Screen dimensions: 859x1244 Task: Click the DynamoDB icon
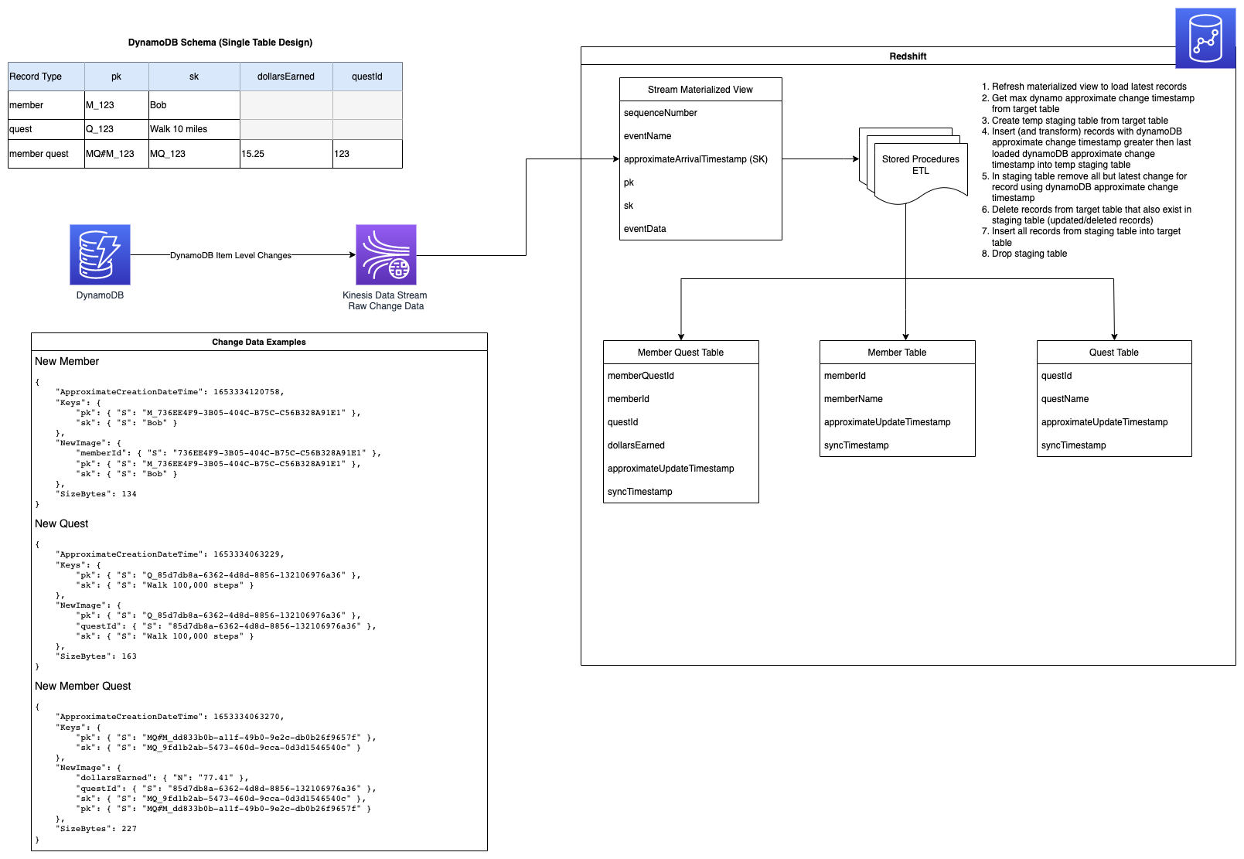coord(100,254)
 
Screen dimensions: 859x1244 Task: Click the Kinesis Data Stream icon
coord(386,254)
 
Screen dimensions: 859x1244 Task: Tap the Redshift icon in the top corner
coord(1205,39)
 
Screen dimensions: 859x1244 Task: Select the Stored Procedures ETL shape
coord(920,165)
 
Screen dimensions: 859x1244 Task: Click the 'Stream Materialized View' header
coord(700,90)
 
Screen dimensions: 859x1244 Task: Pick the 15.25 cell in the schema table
coord(286,154)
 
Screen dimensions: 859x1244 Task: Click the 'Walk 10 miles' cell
coord(193,129)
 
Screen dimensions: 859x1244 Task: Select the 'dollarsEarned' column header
coord(286,77)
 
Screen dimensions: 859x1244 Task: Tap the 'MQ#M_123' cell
coord(116,154)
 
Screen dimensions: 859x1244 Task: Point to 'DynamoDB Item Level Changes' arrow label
coord(230,255)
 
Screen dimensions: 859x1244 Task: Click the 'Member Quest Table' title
coord(680,353)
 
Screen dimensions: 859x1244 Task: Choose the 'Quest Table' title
coord(1113,353)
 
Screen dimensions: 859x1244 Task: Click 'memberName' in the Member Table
coord(854,399)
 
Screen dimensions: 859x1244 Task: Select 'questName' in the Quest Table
coord(1065,399)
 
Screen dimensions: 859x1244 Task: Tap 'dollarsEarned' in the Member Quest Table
coord(636,445)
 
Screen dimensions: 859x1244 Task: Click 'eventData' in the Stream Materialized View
coord(645,229)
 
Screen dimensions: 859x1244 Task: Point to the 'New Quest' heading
coord(62,523)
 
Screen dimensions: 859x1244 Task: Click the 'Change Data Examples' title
coord(259,342)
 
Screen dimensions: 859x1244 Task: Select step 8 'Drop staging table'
coord(1029,254)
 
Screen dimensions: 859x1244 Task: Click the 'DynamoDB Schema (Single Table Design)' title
coord(220,43)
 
